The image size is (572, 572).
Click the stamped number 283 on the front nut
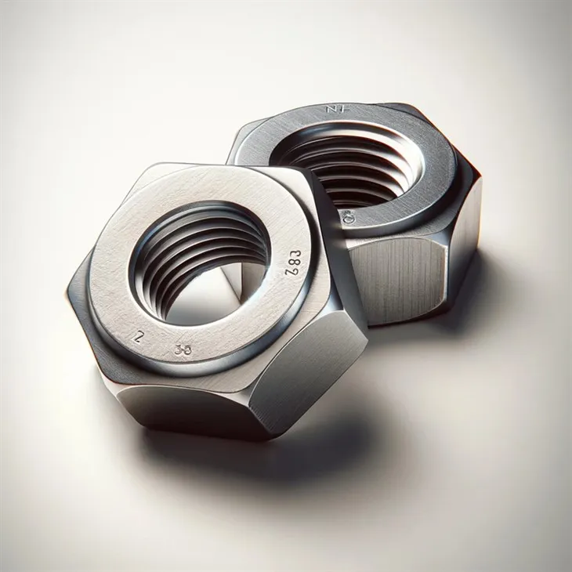291,263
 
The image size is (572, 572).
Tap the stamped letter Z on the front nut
139,338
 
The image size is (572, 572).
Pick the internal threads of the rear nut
353,168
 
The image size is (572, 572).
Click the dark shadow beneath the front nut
235,454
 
